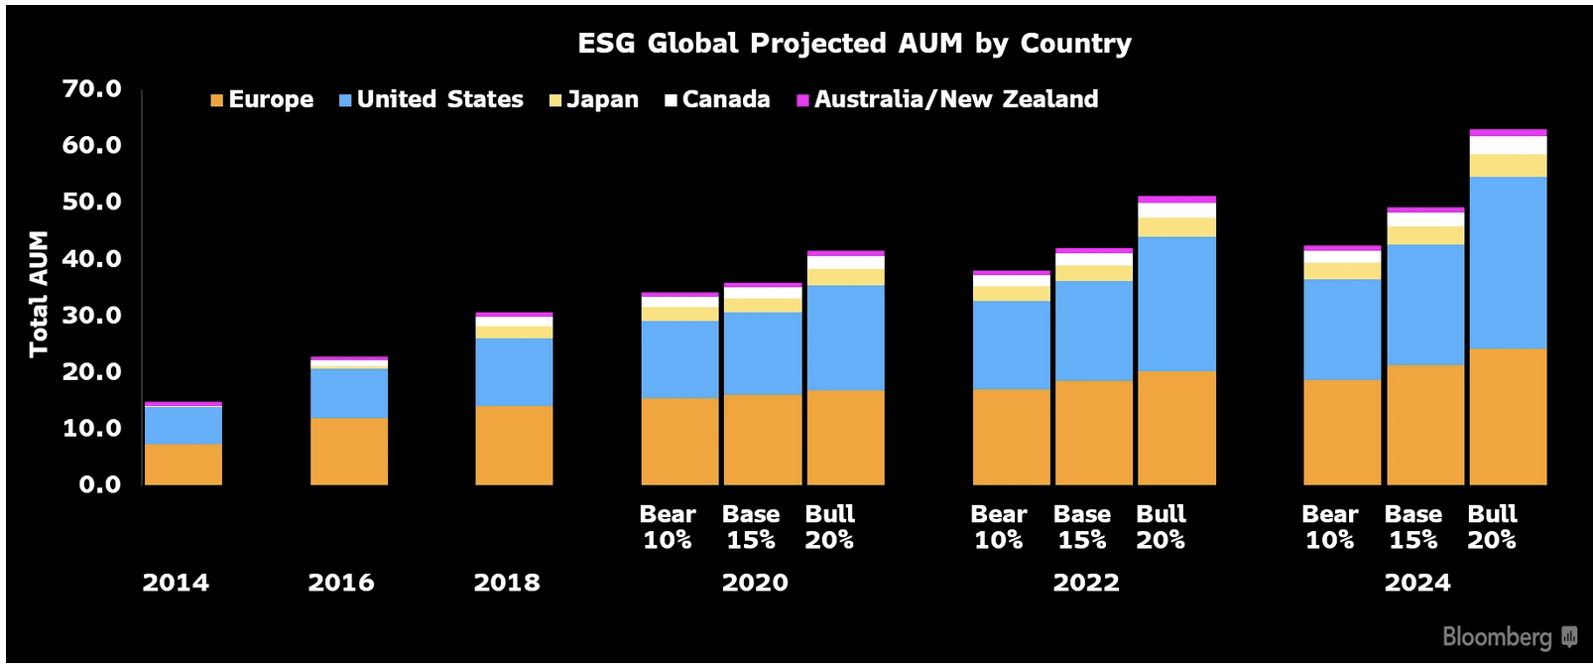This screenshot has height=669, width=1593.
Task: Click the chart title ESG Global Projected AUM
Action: pos(854,44)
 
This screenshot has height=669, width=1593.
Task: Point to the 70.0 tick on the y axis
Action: pos(91,89)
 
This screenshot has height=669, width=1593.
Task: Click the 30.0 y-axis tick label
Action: pos(91,316)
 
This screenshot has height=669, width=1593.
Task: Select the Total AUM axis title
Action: pos(39,294)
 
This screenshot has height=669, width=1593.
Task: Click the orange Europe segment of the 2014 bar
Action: pos(184,465)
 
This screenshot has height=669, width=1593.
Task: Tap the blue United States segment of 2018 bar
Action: pos(514,372)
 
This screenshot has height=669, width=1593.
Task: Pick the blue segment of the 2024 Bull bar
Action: pos(1508,263)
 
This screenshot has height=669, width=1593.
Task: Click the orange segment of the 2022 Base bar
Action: pos(1093,433)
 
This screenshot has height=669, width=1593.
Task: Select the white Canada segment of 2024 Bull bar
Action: pos(1508,145)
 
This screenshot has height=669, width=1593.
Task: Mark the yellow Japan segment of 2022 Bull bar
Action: pos(1176,227)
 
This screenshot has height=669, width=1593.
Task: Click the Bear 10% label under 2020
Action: pos(668,527)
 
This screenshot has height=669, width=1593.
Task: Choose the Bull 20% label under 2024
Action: pos(1492,527)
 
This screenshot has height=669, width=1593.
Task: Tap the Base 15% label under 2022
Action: pos(1081,527)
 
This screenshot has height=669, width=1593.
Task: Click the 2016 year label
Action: pos(341,583)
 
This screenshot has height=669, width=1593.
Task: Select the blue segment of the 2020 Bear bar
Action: pos(679,359)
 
